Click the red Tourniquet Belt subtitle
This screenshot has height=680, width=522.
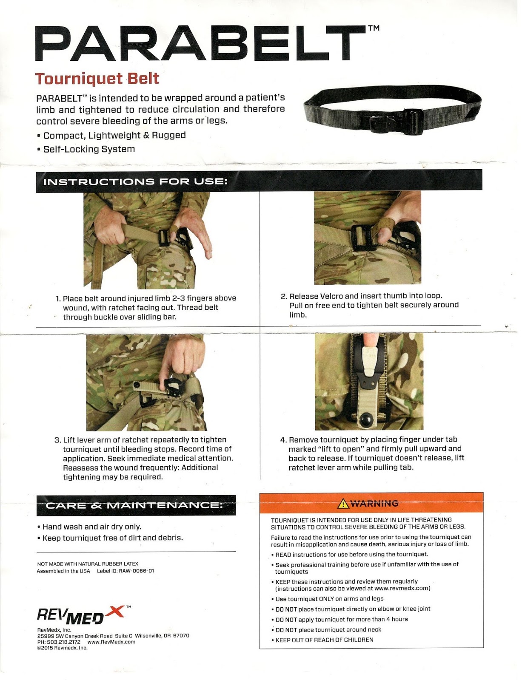coord(97,79)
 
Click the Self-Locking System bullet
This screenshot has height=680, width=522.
coord(89,149)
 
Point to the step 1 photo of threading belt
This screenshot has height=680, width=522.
coord(147,240)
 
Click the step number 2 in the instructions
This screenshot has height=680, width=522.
coord(284,296)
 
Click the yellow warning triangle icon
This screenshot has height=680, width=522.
coord(342,504)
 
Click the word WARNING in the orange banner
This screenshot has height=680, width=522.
coord(374,504)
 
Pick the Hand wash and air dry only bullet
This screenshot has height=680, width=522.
coord(91,527)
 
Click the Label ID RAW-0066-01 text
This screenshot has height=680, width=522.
coord(126,571)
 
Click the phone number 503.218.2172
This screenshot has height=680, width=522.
coord(59,642)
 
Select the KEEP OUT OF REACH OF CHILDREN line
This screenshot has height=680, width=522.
coord(324,640)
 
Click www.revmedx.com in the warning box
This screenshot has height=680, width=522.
coord(402,589)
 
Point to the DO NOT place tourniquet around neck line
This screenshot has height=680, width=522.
coord(328,629)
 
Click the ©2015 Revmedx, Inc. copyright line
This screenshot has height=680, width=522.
coord(62,648)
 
